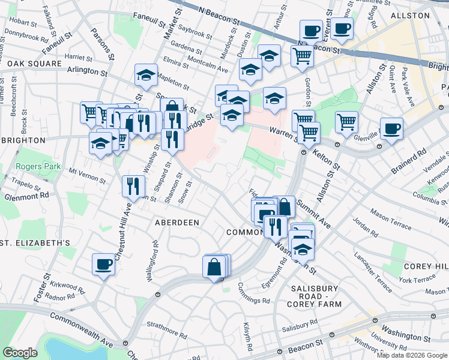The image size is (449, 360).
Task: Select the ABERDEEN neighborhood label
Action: [x=177, y=222]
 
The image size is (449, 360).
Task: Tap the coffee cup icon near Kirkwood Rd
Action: [x=103, y=264]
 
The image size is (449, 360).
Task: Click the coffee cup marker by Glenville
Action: [x=391, y=128]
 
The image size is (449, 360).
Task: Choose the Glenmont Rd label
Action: [x=27, y=196]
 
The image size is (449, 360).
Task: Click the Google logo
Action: [x=21, y=353]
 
